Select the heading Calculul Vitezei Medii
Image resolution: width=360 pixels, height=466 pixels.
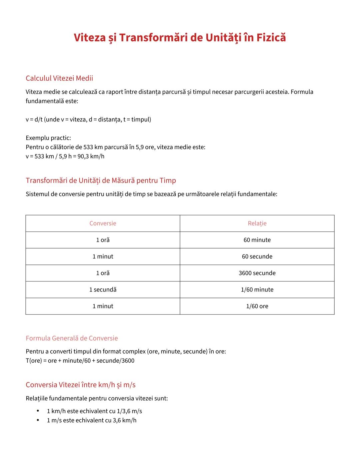tap(59, 78)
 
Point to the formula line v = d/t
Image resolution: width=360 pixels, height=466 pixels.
tap(88, 119)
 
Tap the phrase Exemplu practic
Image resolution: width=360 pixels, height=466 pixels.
tap(48, 138)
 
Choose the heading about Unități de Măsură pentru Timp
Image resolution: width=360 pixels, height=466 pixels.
tap(101, 180)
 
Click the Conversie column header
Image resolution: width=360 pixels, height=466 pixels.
tap(103, 223)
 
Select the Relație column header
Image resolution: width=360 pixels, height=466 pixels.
tap(257, 223)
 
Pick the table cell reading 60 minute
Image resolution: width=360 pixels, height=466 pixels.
tap(257, 240)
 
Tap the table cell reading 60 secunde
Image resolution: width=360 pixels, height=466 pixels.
tap(257, 257)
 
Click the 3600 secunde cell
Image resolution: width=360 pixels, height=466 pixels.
tap(257, 273)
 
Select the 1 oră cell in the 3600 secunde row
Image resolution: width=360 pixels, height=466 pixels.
tap(103, 273)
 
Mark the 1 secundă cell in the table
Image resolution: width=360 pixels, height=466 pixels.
tap(103, 290)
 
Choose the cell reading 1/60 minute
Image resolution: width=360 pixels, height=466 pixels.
tap(257, 290)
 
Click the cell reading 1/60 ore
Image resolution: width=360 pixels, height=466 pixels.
tap(257, 306)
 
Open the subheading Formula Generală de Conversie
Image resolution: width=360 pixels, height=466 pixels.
tap(72, 338)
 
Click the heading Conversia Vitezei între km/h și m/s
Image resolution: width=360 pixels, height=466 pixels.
tap(81, 385)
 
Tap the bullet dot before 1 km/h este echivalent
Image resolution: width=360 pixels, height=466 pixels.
tap(38, 411)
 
